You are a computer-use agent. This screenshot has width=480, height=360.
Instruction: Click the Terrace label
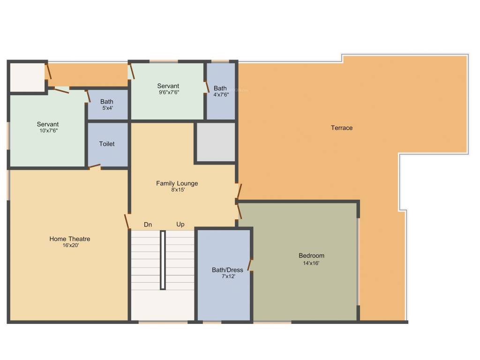click(x=341, y=128)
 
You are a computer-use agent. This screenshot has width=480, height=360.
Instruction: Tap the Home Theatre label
click(x=70, y=239)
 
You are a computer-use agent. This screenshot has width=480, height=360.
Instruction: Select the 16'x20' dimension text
click(x=70, y=246)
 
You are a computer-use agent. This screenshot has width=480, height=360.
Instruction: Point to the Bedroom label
click(x=311, y=256)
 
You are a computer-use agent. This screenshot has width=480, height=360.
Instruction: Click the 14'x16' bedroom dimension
click(x=311, y=263)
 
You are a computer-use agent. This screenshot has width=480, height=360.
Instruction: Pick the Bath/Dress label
click(x=227, y=270)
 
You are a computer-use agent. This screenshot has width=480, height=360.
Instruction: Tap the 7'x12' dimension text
click(x=227, y=277)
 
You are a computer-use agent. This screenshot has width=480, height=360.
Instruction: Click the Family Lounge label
click(x=177, y=183)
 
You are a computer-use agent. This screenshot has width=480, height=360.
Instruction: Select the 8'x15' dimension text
click(x=177, y=190)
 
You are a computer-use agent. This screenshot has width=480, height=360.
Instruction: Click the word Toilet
click(x=107, y=144)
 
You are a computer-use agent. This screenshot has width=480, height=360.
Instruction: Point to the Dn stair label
click(x=148, y=225)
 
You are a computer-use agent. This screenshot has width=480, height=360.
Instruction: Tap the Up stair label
click(x=180, y=225)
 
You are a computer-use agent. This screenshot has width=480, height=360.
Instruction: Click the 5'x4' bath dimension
click(x=107, y=108)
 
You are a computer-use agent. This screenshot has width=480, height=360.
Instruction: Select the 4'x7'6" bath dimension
click(x=220, y=94)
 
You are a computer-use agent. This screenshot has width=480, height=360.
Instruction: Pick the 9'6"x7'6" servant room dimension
click(x=168, y=92)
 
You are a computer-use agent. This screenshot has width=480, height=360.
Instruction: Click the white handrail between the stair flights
click(x=163, y=260)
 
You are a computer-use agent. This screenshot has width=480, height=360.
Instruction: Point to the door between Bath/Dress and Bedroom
click(x=250, y=265)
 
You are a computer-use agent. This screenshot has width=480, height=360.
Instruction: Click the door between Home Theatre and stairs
click(x=127, y=222)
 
